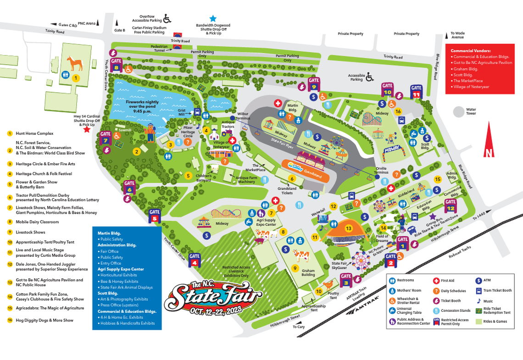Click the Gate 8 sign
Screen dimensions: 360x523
point(116,64)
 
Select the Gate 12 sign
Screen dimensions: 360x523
point(451,205)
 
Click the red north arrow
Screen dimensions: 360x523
point(489,140)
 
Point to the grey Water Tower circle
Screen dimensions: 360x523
point(458,112)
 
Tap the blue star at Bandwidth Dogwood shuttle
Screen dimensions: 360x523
point(213,18)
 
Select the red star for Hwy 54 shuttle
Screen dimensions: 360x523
point(87,130)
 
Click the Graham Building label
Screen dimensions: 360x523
point(308,273)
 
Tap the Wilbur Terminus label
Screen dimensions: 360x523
point(243,115)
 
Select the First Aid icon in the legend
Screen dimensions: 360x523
point(436,281)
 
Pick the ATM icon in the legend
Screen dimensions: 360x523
point(479,280)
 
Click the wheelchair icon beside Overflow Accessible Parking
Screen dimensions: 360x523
point(167,18)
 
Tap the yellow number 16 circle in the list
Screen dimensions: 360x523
point(10,320)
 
